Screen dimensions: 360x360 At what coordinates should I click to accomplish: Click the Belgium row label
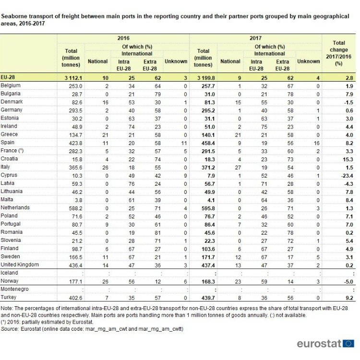(x=11, y=85)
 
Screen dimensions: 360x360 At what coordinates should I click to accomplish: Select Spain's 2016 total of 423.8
(x=75, y=143)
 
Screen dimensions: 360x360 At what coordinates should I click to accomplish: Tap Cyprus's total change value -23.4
(x=347, y=176)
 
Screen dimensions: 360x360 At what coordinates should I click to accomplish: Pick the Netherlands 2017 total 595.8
(x=208, y=208)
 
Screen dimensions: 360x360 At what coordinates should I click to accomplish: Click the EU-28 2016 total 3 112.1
(x=73, y=78)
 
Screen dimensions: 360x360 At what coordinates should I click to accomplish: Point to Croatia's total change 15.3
(x=348, y=159)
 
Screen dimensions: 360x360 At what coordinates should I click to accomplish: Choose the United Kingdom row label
(x=20, y=264)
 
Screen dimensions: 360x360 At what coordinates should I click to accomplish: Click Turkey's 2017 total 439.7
(x=208, y=298)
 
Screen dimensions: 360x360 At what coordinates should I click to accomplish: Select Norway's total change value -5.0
(x=348, y=282)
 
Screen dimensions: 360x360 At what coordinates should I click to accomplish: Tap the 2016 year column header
(x=123, y=38)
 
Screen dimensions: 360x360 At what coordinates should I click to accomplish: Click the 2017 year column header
(x=255, y=38)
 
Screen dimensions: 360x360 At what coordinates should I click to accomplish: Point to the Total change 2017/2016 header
(x=339, y=53)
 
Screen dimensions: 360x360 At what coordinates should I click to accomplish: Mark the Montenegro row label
(x=14, y=289)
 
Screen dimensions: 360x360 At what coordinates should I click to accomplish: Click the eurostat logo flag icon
(x=348, y=344)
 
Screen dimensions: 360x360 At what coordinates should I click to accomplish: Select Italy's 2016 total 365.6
(x=75, y=168)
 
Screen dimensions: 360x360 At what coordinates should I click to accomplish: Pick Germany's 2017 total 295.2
(x=208, y=111)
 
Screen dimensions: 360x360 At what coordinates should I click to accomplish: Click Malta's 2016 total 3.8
(x=79, y=201)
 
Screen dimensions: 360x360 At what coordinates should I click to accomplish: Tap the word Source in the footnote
(x=10, y=329)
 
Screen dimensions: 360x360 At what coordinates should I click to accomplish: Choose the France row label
(x=12, y=151)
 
